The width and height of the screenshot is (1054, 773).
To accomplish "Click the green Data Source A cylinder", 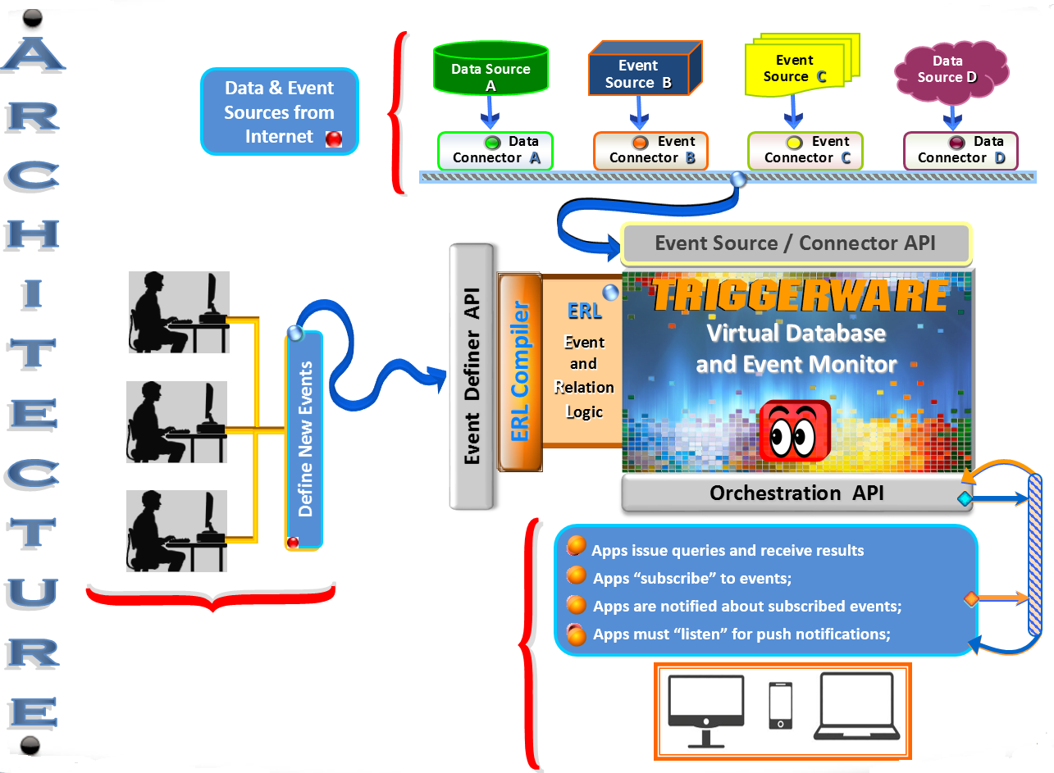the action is (490, 69).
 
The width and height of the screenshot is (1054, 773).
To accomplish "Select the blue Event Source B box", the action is (645, 69).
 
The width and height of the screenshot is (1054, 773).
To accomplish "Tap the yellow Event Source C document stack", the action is (802, 65).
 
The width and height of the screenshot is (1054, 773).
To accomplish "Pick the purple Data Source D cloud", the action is (951, 72).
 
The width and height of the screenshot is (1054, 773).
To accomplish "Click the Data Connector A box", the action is (495, 151).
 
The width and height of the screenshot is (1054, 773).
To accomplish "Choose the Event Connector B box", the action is (650, 151).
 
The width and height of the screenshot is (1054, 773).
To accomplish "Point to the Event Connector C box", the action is (805, 151).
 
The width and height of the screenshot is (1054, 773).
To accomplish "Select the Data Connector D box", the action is (960, 151).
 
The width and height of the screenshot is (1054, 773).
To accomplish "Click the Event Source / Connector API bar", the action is (796, 243).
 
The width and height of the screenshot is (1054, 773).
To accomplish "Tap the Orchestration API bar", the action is (796, 493).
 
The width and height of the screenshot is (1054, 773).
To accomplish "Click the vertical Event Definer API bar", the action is (472, 376).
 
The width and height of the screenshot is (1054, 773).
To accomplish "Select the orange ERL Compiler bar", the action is (520, 372).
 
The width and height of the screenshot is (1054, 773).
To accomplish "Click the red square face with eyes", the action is (795, 430).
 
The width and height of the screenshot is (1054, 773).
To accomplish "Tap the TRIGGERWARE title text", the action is (800, 296).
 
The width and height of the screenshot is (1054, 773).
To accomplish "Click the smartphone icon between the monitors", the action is (780, 705).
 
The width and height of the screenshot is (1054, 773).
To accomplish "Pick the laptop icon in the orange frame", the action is (856, 706).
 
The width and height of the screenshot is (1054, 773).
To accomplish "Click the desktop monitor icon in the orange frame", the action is (705, 711).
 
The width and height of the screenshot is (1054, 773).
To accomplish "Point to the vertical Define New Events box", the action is (304, 440).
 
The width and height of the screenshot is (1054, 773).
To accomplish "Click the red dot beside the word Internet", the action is (334, 139).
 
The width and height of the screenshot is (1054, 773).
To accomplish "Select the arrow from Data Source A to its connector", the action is (490, 112).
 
